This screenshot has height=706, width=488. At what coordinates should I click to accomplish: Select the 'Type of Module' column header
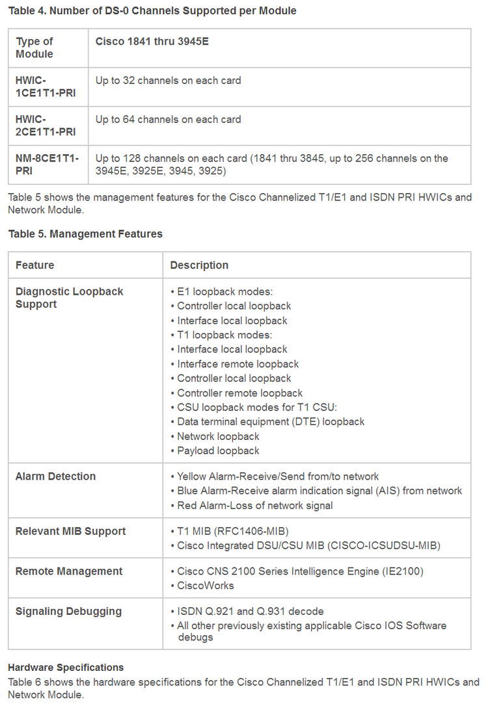tap(34, 48)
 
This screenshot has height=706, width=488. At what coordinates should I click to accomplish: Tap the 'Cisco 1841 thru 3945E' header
tap(152, 42)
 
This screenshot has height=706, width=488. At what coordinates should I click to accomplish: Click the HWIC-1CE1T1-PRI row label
tap(45, 87)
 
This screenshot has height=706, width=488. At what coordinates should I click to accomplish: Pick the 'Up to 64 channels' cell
tap(168, 119)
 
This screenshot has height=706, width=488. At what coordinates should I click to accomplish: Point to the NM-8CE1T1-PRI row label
tap(47, 164)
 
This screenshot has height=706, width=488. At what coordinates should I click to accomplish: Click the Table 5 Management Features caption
tap(85, 234)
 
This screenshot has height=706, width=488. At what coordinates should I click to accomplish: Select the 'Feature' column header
tap(35, 265)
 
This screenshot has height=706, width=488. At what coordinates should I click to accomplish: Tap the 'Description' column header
tap(199, 265)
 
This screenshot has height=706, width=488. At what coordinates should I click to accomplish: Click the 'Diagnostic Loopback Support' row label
tap(69, 297)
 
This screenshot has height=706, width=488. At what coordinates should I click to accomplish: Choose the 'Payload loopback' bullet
tap(218, 450)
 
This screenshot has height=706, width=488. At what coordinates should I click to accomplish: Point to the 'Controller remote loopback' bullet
tap(239, 392)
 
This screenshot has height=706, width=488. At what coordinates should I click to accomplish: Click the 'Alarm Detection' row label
tap(55, 476)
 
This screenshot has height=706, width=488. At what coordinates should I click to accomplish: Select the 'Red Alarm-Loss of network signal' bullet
tap(254, 505)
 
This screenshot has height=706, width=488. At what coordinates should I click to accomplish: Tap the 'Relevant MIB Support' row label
tap(70, 531)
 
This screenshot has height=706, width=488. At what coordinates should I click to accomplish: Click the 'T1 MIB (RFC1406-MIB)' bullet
tap(232, 531)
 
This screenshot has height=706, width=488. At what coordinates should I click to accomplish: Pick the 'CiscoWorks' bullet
tap(206, 585)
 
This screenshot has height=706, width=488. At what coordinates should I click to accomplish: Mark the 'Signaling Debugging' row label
tap(68, 611)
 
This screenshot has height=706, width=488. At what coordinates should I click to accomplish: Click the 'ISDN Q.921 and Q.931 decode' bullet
tap(250, 611)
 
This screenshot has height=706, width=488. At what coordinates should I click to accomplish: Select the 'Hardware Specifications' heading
tap(66, 668)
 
